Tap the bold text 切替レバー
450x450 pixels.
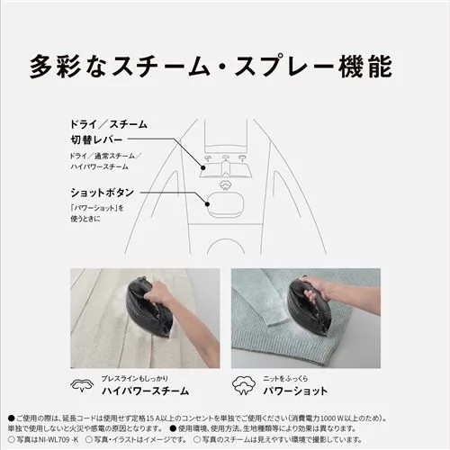click(100, 140)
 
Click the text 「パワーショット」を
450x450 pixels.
click(98, 208)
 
